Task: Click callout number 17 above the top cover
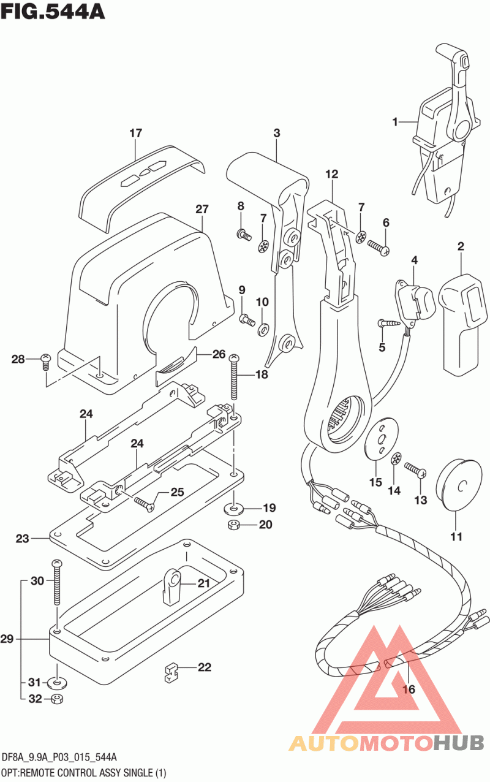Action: click(x=135, y=133)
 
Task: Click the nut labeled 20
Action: click(x=232, y=525)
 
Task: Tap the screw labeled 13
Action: click(x=417, y=470)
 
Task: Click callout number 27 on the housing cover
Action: click(x=202, y=209)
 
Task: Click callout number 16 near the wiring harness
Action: click(x=409, y=689)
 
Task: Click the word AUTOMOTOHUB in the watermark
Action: click(x=386, y=743)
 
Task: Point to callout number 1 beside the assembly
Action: click(x=396, y=122)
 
